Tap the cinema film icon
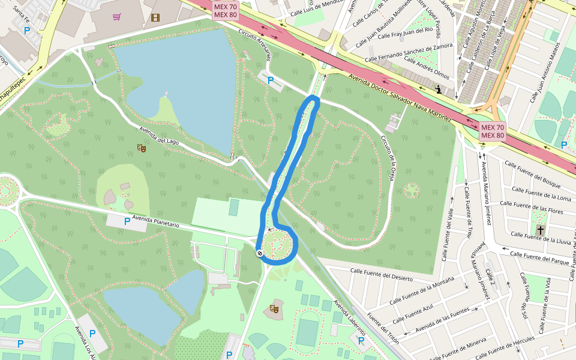point(155,17)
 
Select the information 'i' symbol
point(439,90)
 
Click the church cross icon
point(540,230)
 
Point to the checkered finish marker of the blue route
point(260,253)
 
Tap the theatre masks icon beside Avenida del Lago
point(142,147)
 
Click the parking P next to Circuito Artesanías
point(271,80)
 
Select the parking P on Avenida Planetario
point(127,221)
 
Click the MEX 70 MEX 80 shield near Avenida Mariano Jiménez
point(492,131)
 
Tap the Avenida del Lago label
point(160,137)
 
